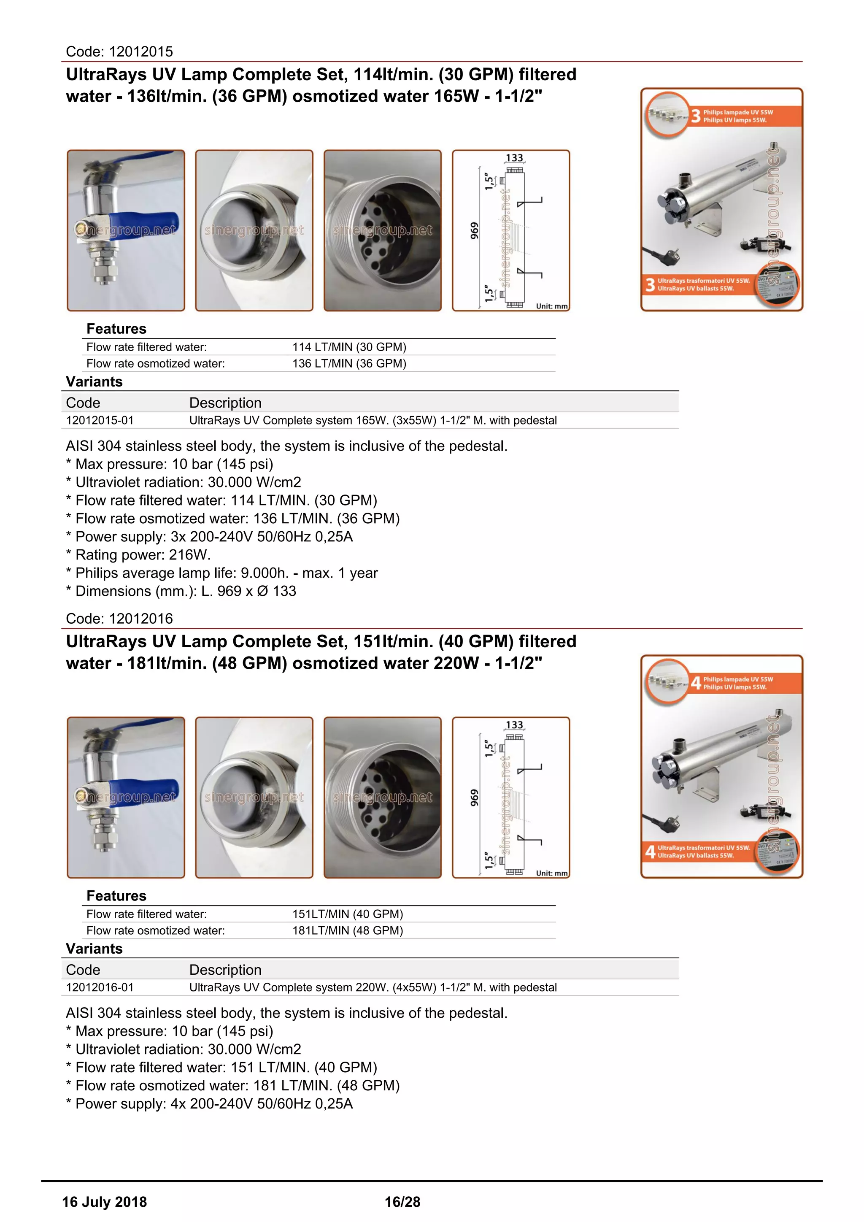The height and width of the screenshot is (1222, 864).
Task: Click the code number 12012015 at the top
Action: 140,51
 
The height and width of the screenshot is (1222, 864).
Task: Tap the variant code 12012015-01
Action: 100,420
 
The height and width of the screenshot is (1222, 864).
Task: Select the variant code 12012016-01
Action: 100,987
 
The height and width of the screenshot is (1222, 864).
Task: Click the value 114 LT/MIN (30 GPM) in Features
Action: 349,347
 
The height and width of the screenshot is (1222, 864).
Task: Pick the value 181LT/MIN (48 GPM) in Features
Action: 347,930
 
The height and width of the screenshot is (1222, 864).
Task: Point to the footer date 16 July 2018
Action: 104,1202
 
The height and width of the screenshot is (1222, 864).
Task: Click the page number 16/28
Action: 402,1202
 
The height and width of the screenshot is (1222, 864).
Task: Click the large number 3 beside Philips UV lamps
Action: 695,116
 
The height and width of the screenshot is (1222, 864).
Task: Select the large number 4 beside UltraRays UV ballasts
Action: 650,851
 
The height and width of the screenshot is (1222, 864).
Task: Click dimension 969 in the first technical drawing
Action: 474,230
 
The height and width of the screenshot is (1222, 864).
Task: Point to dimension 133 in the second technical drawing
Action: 514,725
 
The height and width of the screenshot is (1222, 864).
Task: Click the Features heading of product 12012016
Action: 116,896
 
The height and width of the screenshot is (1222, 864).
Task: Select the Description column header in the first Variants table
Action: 225,403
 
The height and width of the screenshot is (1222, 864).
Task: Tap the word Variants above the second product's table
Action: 94,949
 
